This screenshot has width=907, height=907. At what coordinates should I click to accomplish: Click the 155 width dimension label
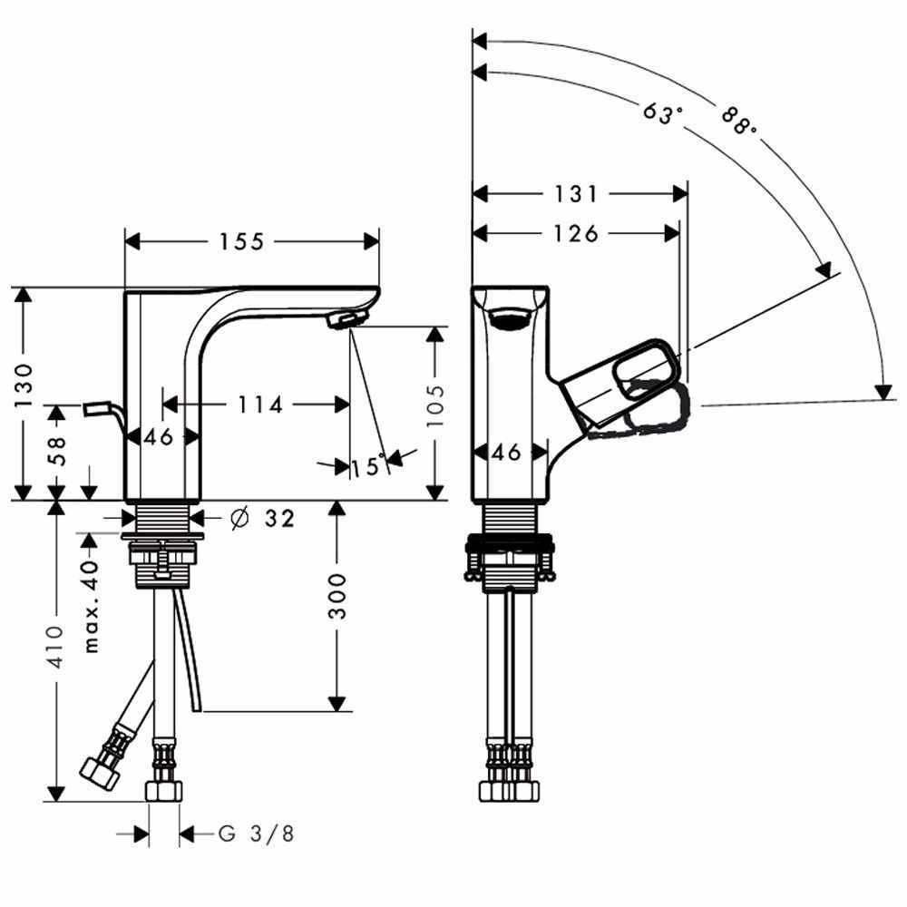(240, 241)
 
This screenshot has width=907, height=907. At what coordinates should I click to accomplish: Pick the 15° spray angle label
(367, 467)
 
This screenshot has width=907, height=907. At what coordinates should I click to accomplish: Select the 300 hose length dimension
(337, 596)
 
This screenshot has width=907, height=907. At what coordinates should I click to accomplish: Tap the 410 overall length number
(55, 647)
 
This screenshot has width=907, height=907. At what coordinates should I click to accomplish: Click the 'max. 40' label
(91, 607)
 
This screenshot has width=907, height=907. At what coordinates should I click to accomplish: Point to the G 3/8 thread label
(257, 833)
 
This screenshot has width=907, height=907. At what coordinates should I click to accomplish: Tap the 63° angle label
(662, 113)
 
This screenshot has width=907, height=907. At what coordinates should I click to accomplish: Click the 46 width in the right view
(511, 451)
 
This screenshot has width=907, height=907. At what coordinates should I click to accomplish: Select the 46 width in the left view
(159, 437)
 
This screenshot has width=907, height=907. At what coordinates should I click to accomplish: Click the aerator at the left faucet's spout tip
(346, 318)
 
